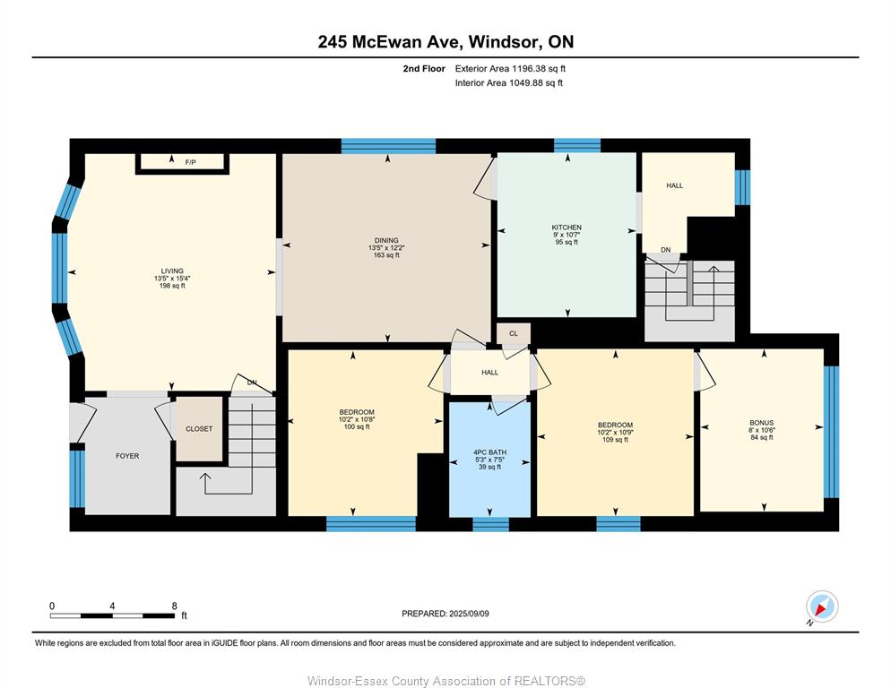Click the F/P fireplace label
(190, 162)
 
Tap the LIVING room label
(172, 271)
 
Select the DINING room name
(386, 240)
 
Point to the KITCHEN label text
(567, 228)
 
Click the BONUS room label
(761, 423)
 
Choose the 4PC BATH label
(489, 452)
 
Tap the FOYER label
(127, 456)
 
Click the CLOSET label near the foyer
(199, 429)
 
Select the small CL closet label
(514, 333)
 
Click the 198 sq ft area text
(172, 286)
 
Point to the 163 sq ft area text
(386, 255)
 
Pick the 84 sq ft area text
(762, 437)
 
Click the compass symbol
(822, 606)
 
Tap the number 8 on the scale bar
(175, 606)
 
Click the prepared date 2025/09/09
(469, 614)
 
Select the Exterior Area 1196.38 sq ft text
(510, 69)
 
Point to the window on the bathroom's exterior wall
(491, 524)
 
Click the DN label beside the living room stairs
(252, 383)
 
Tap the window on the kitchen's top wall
(577, 145)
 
